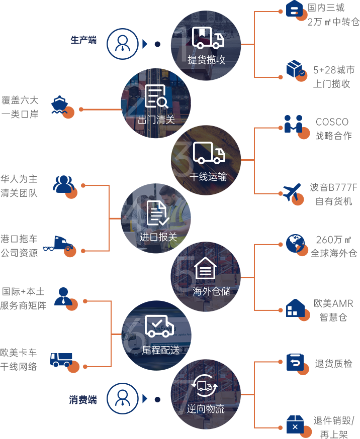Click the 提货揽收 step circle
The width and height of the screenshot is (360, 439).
pyautogui.click(x=206, y=45)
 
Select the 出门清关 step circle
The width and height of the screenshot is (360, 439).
pyautogui.click(x=156, y=103)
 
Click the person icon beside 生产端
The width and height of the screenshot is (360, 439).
pyautogui.click(x=122, y=44)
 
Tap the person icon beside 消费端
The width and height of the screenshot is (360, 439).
pyautogui.click(x=122, y=399)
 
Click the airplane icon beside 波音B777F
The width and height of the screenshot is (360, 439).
pyautogui.click(x=292, y=193)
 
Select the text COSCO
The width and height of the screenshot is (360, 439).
pyautogui.click(x=332, y=122)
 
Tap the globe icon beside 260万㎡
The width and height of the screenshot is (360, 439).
pyautogui.click(x=295, y=244)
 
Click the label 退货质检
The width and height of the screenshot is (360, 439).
pyautogui.click(x=333, y=364)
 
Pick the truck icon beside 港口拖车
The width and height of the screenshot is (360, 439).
pyautogui.click(x=58, y=244)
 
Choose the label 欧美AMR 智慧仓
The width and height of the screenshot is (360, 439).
pyautogui.click(x=333, y=310)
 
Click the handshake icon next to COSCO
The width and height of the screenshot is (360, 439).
pyautogui.click(x=293, y=124)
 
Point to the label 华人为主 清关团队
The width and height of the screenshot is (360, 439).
pyautogui.click(x=19, y=186)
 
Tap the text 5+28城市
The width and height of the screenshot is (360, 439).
pyautogui.click(x=334, y=70)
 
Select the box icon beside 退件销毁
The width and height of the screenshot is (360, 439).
pyautogui.click(x=295, y=424)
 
